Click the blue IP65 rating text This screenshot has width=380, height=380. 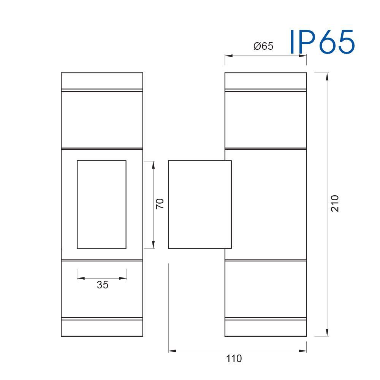point(322,42)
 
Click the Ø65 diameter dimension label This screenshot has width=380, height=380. point(263,46)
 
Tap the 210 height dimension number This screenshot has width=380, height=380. point(335,203)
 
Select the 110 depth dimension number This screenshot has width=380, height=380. point(234,358)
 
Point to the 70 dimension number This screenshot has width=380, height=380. point(160,204)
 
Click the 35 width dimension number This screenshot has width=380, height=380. point(103,285)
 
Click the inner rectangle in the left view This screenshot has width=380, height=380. point(101,160)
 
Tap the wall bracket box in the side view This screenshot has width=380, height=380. point(200,160)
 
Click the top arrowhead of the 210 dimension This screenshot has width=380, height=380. point(327,76)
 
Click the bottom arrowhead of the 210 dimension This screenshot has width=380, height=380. point(327,332)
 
